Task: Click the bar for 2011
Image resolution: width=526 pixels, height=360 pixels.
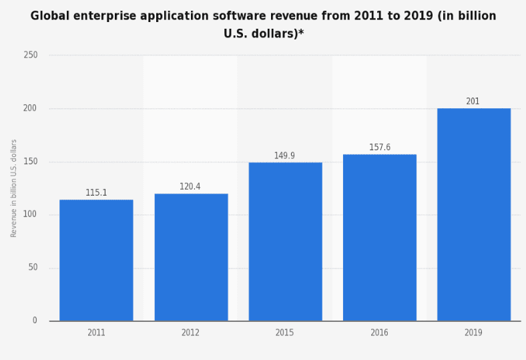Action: (x=96, y=260)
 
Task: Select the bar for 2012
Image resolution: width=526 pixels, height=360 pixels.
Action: (x=191, y=257)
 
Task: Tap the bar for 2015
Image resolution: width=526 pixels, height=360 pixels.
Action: (x=285, y=242)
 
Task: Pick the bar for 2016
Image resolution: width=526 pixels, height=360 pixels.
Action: (x=379, y=238)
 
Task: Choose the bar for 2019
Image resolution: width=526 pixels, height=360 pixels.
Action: (x=473, y=214)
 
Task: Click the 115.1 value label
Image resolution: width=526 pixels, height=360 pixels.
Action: (x=96, y=193)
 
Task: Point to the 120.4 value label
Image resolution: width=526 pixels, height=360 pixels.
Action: (x=190, y=187)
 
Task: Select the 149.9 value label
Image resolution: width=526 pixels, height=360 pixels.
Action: (x=284, y=156)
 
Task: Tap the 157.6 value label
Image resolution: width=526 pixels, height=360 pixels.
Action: (x=379, y=148)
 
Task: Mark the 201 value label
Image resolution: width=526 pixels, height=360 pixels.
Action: (x=473, y=102)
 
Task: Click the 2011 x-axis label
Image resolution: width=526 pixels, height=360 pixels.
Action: (x=96, y=333)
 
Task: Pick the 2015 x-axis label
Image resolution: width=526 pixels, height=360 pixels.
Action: (x=284, y=333)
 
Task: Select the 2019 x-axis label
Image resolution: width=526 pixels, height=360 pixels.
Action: (x=473, y=333)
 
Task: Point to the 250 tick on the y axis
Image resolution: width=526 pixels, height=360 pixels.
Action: (x=31, y=55)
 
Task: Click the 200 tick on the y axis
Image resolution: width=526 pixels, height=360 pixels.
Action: (x=31, y=108)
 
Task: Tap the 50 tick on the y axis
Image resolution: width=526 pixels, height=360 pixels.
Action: (x=33, y=268)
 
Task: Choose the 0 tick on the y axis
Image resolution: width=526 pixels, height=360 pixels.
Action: (x=35, y=321)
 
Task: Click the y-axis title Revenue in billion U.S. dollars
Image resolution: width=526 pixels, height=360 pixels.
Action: (x=14, y=188)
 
